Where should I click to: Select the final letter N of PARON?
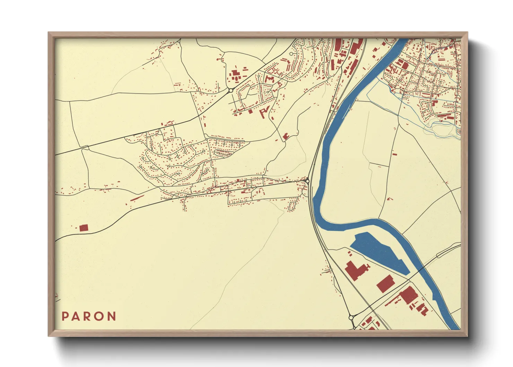pos(112,316)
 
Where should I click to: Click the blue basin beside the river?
pos(378,251)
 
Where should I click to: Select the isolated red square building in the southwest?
pos(84,228)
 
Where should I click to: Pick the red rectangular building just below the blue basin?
pos(385,284)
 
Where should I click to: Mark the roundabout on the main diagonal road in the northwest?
pos(231,91)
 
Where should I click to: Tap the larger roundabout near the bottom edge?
pos(351,317)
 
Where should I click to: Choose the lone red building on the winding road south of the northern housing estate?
pos(286,136)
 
